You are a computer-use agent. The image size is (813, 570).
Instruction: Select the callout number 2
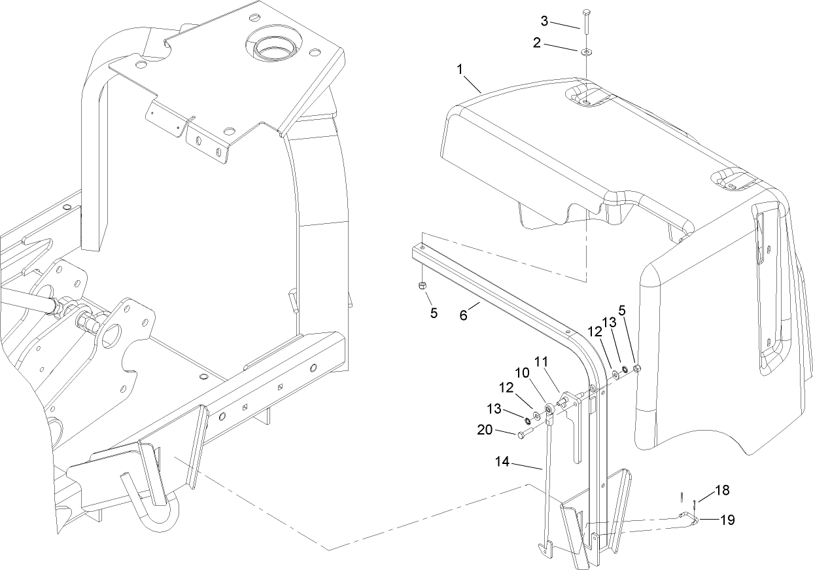536,44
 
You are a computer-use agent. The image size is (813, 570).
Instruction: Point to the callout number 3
544,22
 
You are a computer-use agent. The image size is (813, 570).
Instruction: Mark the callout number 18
722,490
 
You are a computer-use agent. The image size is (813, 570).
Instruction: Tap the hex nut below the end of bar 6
423,286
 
